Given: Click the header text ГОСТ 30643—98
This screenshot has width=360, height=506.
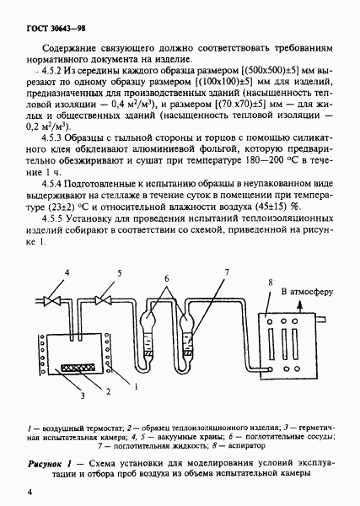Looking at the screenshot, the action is (x=56, y=29).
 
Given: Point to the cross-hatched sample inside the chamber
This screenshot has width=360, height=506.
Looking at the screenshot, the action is (x=78, y=368).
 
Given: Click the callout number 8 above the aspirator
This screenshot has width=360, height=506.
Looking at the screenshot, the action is (x=271, y=283).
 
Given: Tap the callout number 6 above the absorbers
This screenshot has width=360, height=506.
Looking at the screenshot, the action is (x=166, y=278).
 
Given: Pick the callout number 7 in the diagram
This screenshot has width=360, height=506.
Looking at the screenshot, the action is (x=227, y=272).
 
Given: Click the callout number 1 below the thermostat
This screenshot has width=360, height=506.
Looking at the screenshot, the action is (x=136, y=386).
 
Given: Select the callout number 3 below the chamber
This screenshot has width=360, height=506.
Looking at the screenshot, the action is (x=83, y=396).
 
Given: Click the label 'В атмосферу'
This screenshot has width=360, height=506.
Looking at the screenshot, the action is (x=307, y=292).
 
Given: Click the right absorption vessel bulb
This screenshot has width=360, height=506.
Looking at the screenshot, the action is (x=186, y=320).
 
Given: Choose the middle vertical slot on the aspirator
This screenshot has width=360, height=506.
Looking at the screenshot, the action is (x=284, y=344).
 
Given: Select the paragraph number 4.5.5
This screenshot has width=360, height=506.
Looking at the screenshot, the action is (x=51, y=218).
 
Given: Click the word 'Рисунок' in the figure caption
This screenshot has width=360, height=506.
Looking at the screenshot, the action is (x=45, y=465).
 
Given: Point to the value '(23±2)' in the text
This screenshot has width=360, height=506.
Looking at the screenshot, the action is (x=53, y=207).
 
